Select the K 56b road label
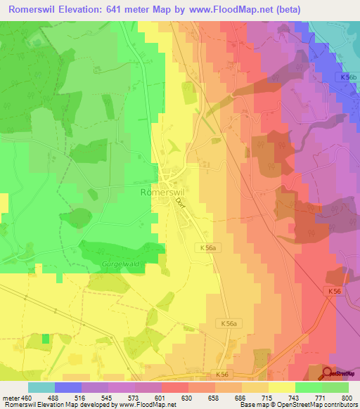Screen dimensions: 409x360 347,77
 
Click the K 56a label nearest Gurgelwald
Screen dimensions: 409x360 205,247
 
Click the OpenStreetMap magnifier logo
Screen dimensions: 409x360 328,374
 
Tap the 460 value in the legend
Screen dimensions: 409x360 26,397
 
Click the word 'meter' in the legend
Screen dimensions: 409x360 9,397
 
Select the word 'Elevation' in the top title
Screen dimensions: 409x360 80,10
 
